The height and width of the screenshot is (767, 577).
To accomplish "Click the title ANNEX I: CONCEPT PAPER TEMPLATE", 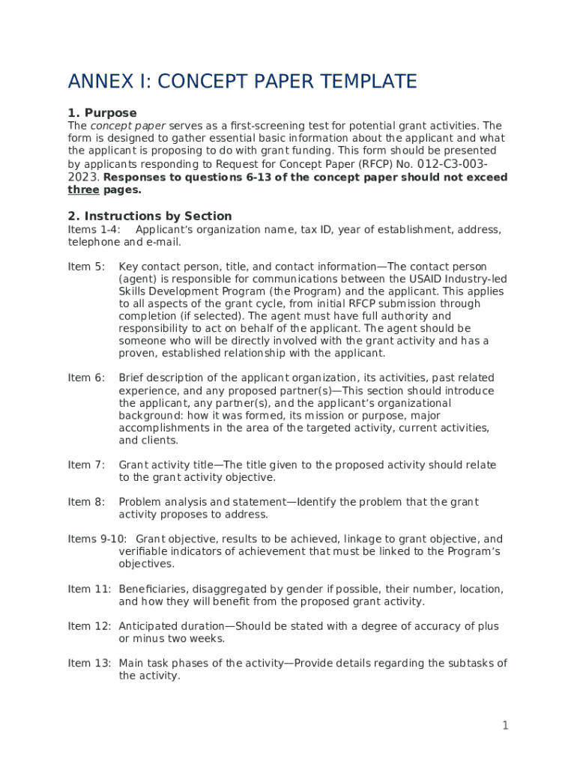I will click(242, 81).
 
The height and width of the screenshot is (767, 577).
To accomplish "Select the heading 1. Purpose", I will click(102, 113).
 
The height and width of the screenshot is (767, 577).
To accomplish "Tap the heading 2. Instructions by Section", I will click(149, 216).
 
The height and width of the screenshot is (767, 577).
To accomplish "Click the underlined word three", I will click(83, 190).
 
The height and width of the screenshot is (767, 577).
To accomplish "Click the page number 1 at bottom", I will click(505, 725).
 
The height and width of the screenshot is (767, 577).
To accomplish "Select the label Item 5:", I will click(86, 267).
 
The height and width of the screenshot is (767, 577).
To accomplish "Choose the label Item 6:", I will click(86, 378).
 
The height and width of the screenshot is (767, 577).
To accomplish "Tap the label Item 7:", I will click(86, 465).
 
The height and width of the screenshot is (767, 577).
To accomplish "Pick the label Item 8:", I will click(86, 502).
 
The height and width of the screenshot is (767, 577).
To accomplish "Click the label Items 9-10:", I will click(97, 539).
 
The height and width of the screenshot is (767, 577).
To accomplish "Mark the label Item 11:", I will click(89, 589).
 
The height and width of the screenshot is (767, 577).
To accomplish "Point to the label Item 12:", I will click(89, 626).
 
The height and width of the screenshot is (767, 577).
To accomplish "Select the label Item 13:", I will click(89, 663).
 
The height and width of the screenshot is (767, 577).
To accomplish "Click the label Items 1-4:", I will click(94, 229).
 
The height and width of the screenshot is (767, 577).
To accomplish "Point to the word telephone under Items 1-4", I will click(94, 242).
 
